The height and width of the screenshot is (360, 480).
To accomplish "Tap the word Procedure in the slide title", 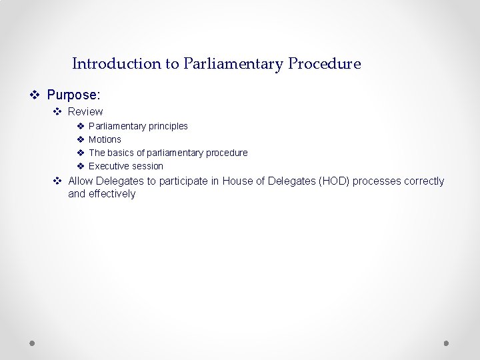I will tap(325, 64).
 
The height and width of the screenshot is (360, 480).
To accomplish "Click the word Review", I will tap(85, 111).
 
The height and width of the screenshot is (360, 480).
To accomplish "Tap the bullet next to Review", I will tap(58, 111).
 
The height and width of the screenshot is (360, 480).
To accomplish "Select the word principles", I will tap(168, 126).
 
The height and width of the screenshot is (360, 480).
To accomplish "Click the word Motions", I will tap(105, 139).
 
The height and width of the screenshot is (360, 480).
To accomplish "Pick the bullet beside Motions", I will tap(79, 139).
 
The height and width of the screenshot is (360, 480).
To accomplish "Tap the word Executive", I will tap(109, 166).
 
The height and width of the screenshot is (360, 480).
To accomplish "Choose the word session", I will tap(147, 166).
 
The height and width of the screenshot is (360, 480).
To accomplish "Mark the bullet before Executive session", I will tap(79, 166).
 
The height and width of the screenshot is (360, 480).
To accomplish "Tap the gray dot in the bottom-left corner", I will tap(32, 343).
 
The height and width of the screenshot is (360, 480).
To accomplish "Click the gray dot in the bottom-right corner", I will tap(447, 343).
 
